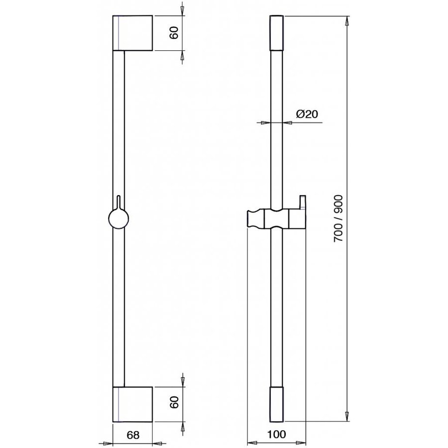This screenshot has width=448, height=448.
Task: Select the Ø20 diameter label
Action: tap(307, 114)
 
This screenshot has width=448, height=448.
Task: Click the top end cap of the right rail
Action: tap(277, 33)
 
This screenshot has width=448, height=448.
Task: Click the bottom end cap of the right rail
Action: tap(277, 404)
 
